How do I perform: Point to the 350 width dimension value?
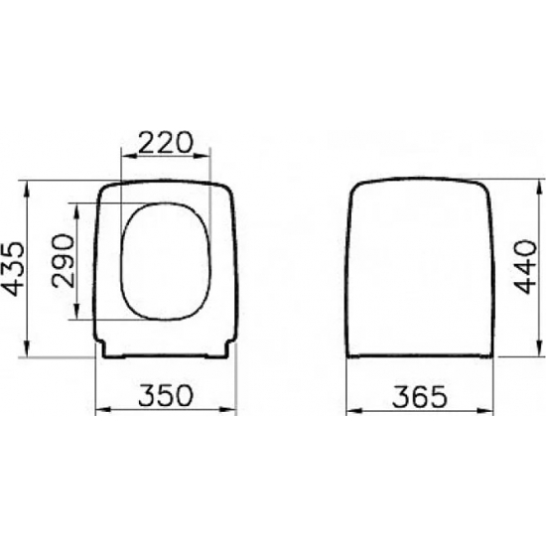(x=165, y=396)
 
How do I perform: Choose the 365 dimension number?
(x=420, y=396)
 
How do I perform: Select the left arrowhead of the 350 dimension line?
(x=97, y=410)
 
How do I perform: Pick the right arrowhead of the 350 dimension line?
(x=234, y=410)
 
